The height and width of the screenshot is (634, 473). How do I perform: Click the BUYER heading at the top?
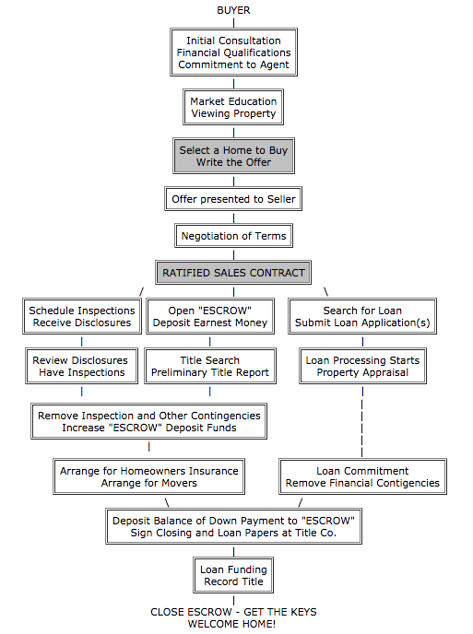tap(233, 10)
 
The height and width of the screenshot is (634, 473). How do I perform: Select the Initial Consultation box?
tap(233, 53)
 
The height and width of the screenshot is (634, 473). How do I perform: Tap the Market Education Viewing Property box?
tap(233, 108)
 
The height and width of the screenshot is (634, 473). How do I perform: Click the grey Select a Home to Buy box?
tap(233, 157)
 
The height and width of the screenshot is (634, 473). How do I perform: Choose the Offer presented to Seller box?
tap(234, 199)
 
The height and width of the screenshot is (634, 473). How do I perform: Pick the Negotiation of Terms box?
tap(233, 236)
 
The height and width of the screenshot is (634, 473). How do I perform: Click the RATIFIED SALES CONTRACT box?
tap(233, 274)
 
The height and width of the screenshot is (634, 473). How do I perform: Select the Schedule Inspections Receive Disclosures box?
tap(82, 317)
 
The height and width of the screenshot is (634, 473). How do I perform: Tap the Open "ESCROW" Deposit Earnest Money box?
tap(210, 317)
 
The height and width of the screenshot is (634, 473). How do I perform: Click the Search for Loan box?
tap(362, 317)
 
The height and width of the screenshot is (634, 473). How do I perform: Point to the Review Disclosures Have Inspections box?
tap(82, 366)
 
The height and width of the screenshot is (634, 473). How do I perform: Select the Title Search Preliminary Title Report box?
tap(210, 366)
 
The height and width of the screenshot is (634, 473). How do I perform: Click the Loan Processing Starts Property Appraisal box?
tap(362, 366)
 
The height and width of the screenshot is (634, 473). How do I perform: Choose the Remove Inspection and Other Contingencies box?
tap(149, 421)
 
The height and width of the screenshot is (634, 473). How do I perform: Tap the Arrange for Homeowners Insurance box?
tap(149, 476)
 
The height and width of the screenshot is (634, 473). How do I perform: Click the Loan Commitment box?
tap(362, 476)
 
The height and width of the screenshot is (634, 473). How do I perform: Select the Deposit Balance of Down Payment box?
tap(233, 526)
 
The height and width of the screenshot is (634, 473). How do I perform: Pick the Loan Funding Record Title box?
tap(233, 576)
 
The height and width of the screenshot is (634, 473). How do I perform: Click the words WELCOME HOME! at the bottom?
tap(232, 624)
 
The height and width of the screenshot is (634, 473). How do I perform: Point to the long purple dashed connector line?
tap(362, 420)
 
